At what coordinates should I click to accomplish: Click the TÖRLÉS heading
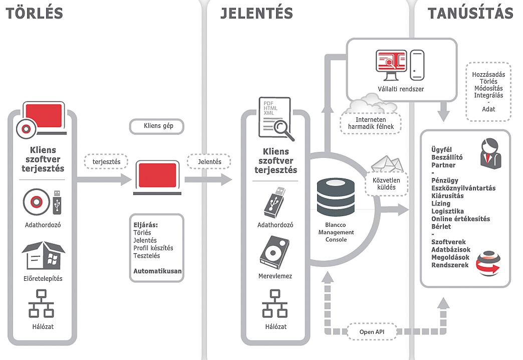tap(35, 13)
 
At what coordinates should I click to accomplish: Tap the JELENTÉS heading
tap(256, 14)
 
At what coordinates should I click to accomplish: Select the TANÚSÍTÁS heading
tap(470, 14)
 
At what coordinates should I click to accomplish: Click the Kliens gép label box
tap(157, 126)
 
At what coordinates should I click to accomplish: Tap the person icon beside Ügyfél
tap(489, 153)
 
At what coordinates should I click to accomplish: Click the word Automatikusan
tap(157, 271)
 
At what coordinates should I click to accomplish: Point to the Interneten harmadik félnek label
tap(371, 123)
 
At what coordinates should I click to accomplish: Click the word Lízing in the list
tap(441, 204)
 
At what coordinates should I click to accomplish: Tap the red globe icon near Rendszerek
tap(488, 264)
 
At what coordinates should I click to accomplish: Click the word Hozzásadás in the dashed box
tap(488, 74)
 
